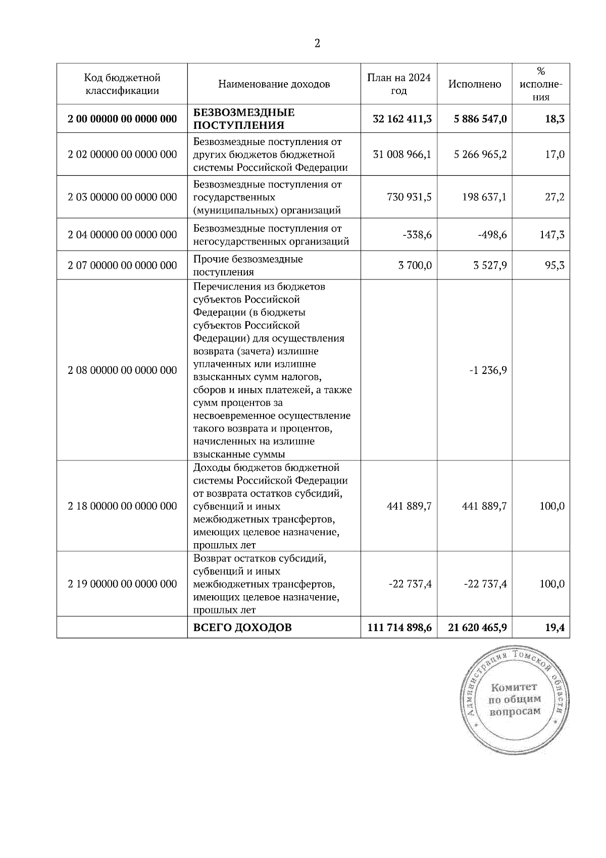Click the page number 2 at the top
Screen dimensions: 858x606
coord(317,44)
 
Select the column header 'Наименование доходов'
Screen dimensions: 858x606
coord(274,84)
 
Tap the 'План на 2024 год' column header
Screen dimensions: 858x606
coord(398,84)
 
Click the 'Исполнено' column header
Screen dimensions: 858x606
coord(475,84)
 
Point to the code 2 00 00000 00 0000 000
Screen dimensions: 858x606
coord(122,119)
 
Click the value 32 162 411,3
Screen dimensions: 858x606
coord(402,119)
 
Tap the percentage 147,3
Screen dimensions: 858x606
coord(552,234)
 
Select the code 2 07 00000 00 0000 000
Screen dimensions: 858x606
coord(122,265)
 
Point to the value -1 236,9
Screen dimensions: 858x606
coord(488,370)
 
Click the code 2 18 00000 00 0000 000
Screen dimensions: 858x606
coord(122,506)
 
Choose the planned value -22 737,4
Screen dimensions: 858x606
coord(410,584)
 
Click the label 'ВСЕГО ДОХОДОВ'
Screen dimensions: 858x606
coord(242,628)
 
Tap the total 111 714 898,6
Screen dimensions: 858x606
coord(399,628)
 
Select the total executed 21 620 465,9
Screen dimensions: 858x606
coord(477,628)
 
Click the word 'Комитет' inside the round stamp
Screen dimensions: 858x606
coord(514,687)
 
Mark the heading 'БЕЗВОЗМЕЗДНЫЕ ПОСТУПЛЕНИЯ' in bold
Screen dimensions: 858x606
coord(244,119)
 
